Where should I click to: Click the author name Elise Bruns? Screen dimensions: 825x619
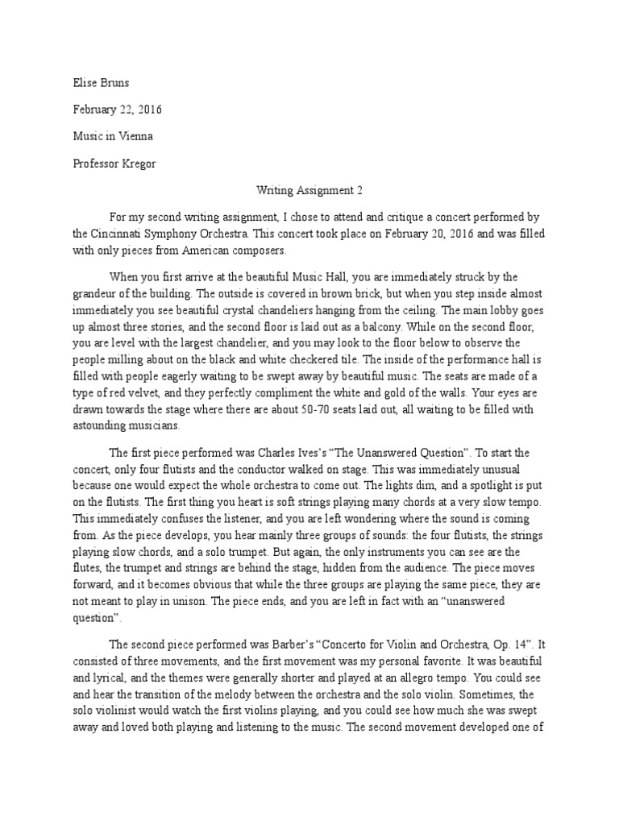[101, 82]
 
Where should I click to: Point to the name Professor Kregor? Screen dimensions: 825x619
[114, 164]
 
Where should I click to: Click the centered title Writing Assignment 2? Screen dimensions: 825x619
[309, 192]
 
